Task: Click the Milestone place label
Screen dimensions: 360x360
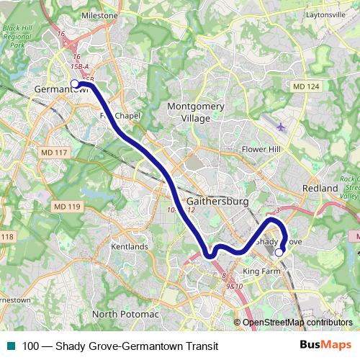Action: (100, 14)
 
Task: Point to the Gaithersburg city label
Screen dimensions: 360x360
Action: (217, 202)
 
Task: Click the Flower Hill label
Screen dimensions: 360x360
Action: (261, 149)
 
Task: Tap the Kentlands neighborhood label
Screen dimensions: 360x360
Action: (130, 246)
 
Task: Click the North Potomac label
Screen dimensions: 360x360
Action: (125, 314)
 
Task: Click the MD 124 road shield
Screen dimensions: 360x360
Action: (306, 86)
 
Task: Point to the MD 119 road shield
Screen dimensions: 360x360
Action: (67, 207)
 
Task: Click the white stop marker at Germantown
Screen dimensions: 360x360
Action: (75, 84)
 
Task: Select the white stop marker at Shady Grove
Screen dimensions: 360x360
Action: (279, 252)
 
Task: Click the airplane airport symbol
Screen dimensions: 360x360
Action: (280, 127)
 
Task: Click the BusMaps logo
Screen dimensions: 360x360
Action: (326, 345)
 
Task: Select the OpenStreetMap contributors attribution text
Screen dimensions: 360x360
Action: (297, 323)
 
